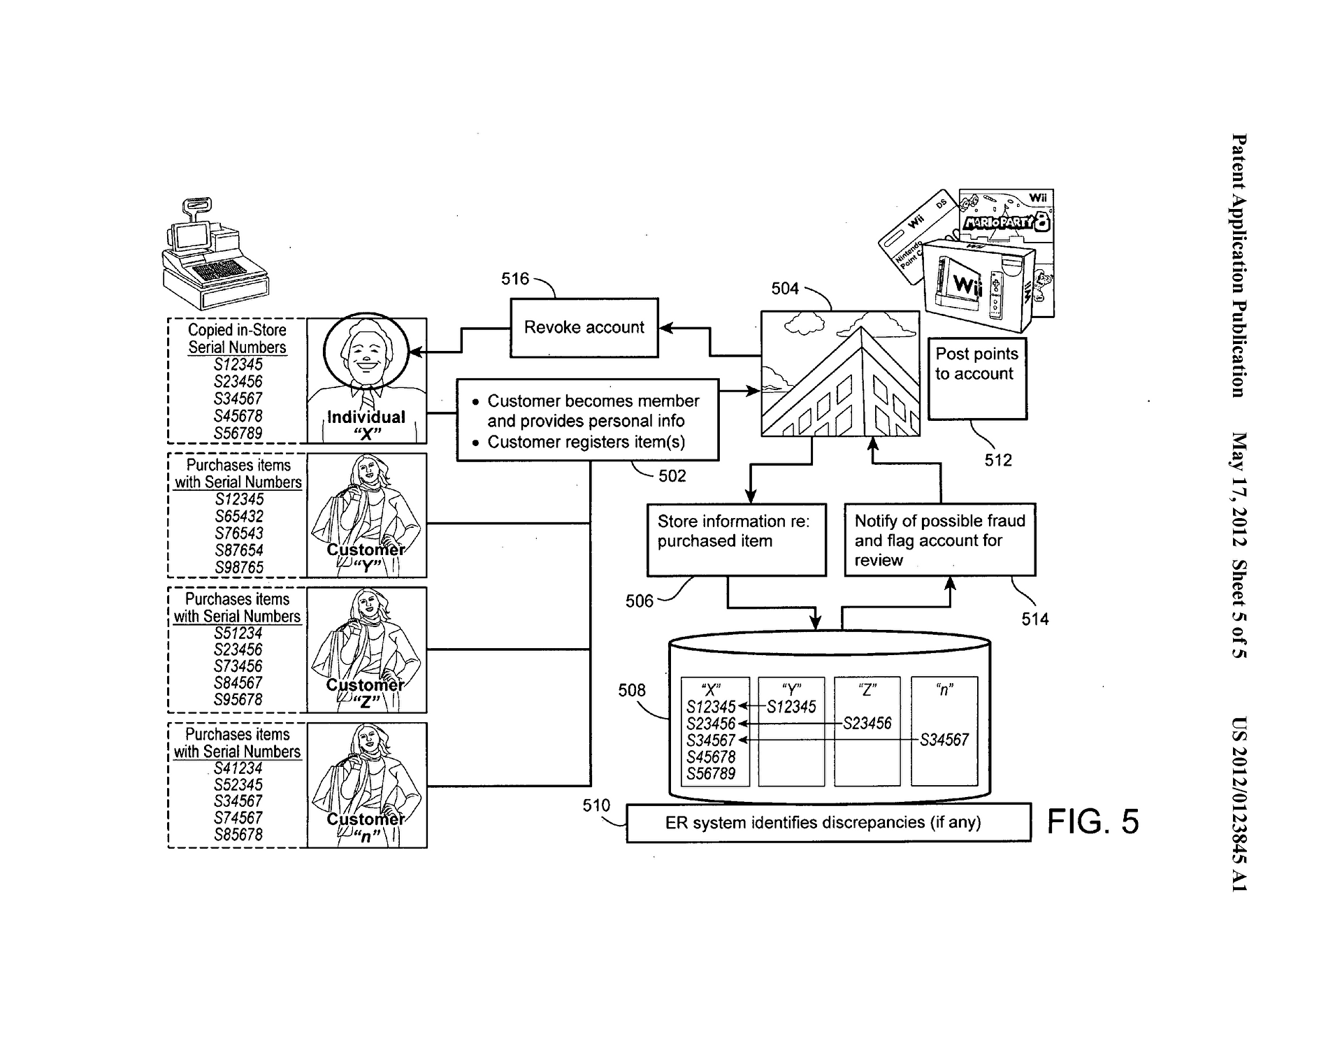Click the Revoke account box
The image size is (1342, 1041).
pyautogui.click(x=584, y=328)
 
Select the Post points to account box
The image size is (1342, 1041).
pyautogui.click(x=977, y=378)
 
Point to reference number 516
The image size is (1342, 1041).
pyautogui.click(x=515, y=279)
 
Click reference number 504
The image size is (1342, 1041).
pyautogui.click(x=785, y=289)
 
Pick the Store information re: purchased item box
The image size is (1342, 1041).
pyautogui.click(x=736, y=539)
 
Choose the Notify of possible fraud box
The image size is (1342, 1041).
pyautogui.click(x=939, y=539)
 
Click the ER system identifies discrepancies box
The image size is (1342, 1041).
pyautogui.click(x=828, y=822)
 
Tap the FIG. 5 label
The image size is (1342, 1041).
pyautogui.click(x=1092, y=821)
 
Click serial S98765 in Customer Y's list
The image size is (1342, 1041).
pyautogui.click(x=239, y=568)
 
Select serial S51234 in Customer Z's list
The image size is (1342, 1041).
pyautogui.click(x=238, y=633)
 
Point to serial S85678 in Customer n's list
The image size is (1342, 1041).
pyautogui.click(x=238, y=835)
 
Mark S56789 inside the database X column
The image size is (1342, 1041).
pyautogui.click(x=711, y=774)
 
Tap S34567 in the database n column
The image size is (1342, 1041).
pyautogui.click(x=944, y=740)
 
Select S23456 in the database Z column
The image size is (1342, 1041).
pyautogui.click(x=867, y=724)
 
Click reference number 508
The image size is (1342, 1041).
pyautogui.click(x=631, y=691)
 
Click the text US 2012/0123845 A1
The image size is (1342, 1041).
pyautogui.click(x=1239, y=804)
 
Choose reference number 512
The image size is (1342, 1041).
pyautogui.click(x=998, y=460)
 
